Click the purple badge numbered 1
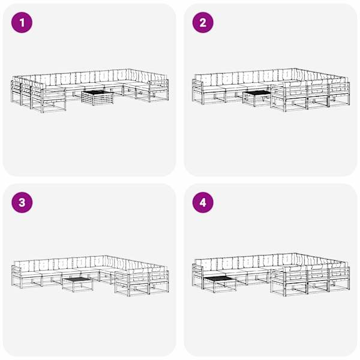(x=22, y=23)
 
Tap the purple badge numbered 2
(x=203, y=23)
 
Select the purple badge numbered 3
(x=22, y=203)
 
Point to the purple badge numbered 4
(x=203, y=203)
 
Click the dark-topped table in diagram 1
(x=98, y=98)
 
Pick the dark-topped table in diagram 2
(x=257, y=98)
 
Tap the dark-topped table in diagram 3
(x=78, y=284)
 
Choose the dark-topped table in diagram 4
(x=220, y=284)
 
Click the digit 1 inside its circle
(x=22, y=23)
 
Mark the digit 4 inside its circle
(x=203, y=203)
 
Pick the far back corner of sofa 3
(x=104, y=256)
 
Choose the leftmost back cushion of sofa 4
(x=206, y=264)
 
